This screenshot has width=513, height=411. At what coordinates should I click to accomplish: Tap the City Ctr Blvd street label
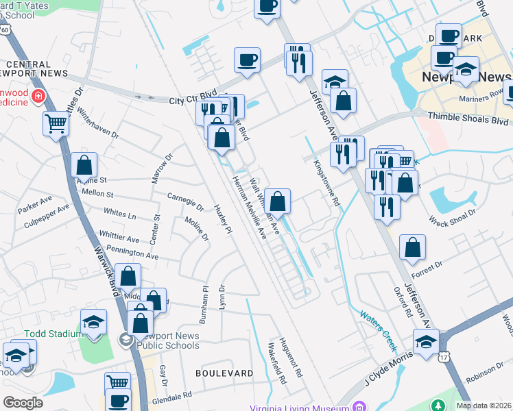point(193,100)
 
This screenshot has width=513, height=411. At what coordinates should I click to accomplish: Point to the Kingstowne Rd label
point(326,184)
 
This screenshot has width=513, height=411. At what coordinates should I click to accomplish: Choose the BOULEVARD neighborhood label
point(224,373)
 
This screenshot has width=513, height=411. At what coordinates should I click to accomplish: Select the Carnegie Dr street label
point(186,201)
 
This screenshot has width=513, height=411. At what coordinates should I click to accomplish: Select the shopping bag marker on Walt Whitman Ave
point(278,201)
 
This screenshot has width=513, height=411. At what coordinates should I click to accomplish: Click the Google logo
point(23,402)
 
